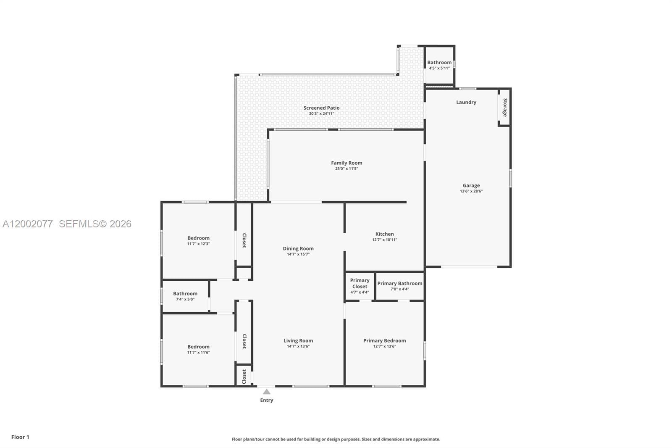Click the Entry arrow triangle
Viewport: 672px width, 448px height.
tap(267, 392)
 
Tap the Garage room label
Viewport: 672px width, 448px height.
tap(471, 185)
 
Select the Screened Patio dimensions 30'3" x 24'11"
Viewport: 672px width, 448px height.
tap(321, 113)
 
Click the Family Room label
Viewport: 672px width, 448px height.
tap(346, 163)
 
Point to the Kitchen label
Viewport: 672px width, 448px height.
tap(384, 234)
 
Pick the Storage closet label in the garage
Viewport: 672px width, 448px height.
tap(505, 108)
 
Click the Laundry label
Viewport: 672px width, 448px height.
tap(466, 102)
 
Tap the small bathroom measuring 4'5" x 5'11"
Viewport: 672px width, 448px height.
tap(439, 65)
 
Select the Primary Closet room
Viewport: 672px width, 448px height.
tap(360, 286)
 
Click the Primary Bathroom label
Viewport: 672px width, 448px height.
tap(399, 283)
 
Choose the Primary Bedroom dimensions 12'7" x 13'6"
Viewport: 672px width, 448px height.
tap(384, 346)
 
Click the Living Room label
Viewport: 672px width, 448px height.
tap(298, 340)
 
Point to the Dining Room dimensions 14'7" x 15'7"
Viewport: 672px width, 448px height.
tap(298, 254)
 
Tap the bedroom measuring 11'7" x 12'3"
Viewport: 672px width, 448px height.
tap(198, 240)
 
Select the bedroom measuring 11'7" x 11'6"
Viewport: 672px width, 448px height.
tap(198, 349)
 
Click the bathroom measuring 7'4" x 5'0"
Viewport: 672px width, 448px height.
tap(185, 296)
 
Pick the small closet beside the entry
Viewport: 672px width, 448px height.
tap(244, 377)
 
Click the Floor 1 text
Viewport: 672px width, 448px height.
tap(20, 437)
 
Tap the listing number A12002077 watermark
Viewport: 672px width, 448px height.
tap(28, 224)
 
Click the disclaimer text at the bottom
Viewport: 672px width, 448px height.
tap(336, 439)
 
